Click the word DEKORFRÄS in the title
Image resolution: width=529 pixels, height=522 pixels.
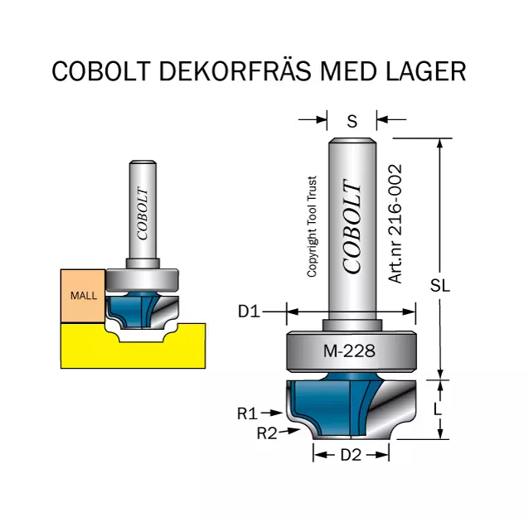click(x=235, y=70)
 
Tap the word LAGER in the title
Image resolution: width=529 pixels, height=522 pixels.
click(x=425, y=70)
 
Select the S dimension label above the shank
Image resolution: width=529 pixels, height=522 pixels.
click(x=352, y=121)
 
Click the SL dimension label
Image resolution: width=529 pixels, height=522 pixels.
click(x=440, y=286)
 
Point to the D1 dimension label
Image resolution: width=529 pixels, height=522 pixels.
click(x=249, y=312)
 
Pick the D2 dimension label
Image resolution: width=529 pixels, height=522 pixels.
click(x=351, y=455)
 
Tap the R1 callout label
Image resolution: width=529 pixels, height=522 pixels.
click(x=247, y=413)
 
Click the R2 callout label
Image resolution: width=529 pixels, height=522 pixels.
click(x=267, y=433)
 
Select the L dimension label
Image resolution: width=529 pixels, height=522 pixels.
click(x=437, y=409)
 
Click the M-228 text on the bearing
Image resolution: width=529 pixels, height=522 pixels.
click(x=349, y=351)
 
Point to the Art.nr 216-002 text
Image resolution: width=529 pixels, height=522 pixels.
click(x=396, y=224)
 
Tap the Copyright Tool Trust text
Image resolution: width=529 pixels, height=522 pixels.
click(x=312, y=226)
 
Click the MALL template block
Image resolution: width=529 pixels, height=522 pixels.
click(x=83, y=296)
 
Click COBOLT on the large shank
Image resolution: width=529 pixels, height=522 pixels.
click(x=352, y=226)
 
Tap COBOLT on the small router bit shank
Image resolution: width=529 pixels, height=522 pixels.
click(x=143, y=214)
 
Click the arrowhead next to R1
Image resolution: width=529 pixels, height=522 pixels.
click(x=278, y=413)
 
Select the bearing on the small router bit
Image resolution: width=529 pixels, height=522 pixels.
click(x=142, y=280)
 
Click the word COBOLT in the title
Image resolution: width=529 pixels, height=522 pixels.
click(x=101, y=70)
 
